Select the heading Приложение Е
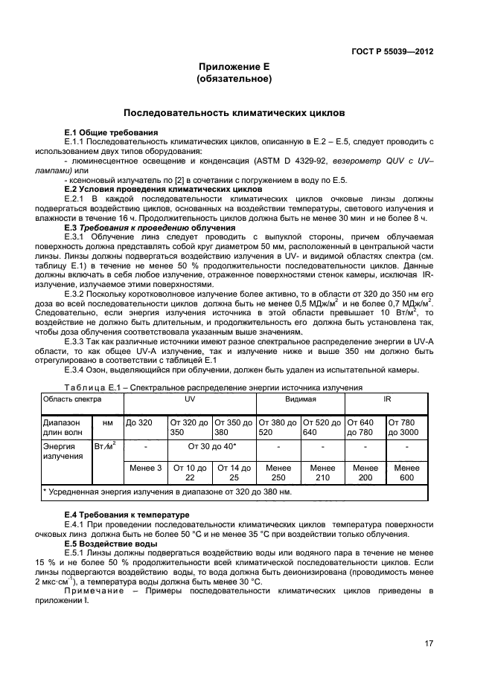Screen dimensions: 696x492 point(234,66)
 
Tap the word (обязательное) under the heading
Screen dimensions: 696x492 point(234,79)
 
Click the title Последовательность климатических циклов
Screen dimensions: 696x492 point(234,115)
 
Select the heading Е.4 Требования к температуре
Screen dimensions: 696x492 point(127,515)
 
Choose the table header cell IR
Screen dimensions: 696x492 point(386,400)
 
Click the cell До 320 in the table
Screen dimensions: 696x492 point(139,422)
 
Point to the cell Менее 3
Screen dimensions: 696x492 point(145,468)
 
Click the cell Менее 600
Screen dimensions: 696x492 point(406,473)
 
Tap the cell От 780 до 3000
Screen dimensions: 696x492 point(406,427)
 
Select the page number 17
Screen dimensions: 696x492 point(429,644)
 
